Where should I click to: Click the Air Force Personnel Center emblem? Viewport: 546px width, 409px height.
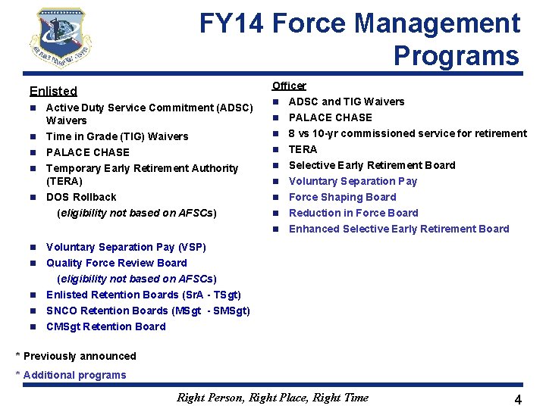(x=61, y=39)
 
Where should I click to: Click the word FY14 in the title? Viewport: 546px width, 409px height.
(x=231, y=24)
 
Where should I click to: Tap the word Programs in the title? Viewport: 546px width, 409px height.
(x=456, y=56)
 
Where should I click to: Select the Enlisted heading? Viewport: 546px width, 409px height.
(x=53, y=91)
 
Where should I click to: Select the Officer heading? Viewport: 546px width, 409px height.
(x=289, y=86)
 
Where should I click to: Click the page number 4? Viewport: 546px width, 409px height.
(x=518, y=399)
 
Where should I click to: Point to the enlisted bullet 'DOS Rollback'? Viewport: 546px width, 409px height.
(x=81, y=197)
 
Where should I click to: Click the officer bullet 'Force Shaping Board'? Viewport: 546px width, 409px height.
(x=342, y=197)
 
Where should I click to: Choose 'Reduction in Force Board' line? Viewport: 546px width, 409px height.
(x=353, y=213)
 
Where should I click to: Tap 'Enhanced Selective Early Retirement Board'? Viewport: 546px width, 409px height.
(x=399, y=229)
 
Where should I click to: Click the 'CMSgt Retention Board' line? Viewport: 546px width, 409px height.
(x=105, y=326)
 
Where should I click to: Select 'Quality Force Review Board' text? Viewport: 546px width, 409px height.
(x=116, y=263)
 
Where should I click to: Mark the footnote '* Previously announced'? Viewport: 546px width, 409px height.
(x=76, y=356)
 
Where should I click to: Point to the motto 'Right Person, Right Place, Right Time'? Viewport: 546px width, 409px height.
(x=272, y=397)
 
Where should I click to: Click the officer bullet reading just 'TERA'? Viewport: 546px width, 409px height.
(x=303, y=149)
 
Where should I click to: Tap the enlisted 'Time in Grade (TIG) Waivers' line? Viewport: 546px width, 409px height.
(x=117, y=136)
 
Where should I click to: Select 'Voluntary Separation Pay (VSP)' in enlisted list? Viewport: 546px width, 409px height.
(x=126, y=247)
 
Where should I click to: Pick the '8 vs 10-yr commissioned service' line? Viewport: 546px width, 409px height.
(x=407, y=133)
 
